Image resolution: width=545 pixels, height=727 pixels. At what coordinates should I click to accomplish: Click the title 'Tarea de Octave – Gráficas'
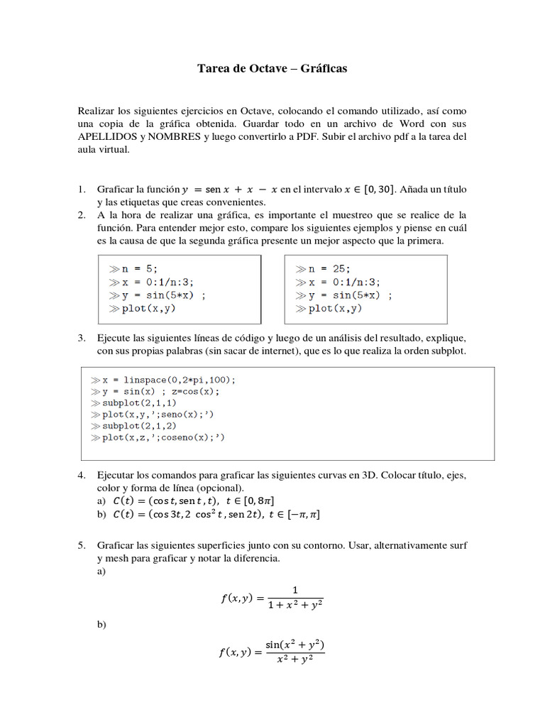coord(272,70)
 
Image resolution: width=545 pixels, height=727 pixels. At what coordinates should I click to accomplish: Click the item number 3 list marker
coord(82,339)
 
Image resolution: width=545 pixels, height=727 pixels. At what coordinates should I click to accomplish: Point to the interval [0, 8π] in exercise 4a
coord(281,501)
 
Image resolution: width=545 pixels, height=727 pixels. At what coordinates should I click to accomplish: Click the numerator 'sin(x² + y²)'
coord(294,645)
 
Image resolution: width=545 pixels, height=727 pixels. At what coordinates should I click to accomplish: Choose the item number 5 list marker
coord(82,545)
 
